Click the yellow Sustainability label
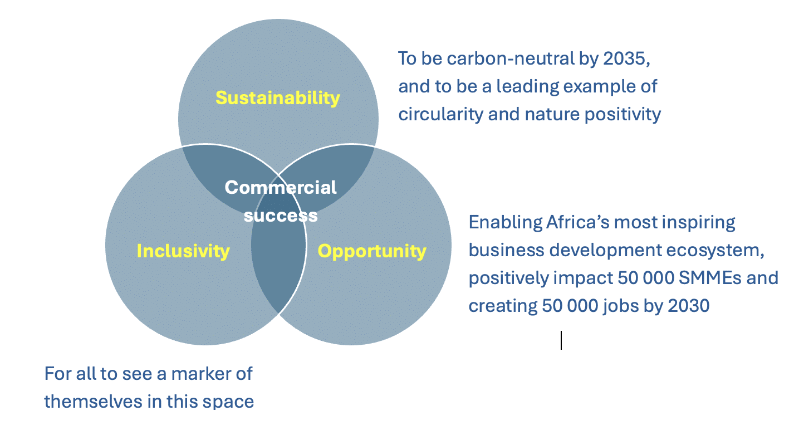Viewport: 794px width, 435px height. coord(277,98)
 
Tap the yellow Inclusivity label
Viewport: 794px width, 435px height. coord(183,251)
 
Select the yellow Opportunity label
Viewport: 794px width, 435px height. coord(372,251)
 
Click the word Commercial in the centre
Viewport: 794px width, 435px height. coord(281,187)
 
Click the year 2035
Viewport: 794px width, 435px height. coord(626,59)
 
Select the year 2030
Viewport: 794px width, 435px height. coord(688,306)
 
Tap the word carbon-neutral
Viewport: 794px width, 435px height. coord(511,58)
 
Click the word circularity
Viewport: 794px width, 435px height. coord(440,114)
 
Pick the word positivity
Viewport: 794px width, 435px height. coord(623,115)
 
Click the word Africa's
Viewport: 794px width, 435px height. coord(578,222)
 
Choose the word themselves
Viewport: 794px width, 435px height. coord(93,402)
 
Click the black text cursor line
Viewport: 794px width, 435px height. coord(561,340)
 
